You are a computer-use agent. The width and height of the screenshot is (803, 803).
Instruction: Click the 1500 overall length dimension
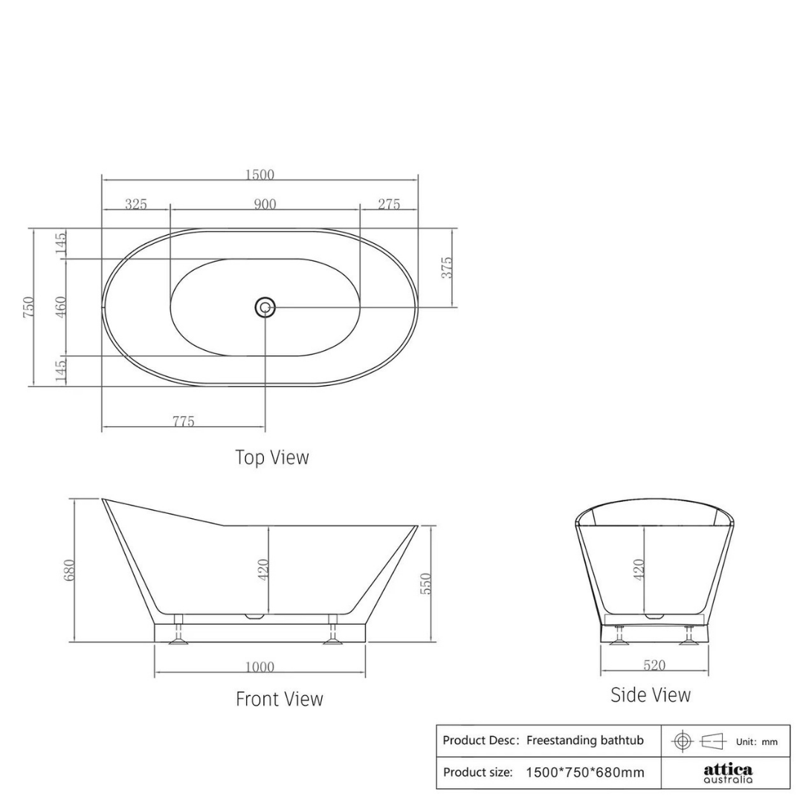pos(259,175)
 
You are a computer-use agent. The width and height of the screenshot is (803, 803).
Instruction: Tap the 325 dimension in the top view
pos(136,204)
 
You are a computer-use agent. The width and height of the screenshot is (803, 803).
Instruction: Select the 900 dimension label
pos(265,204)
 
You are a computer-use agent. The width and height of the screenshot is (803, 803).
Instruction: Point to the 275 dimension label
pos(389,204)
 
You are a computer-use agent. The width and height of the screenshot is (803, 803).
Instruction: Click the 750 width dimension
pos(29,307)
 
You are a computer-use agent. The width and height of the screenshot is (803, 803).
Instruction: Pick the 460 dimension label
pos(60,307)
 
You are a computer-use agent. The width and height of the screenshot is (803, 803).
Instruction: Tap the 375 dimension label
pos(447,268)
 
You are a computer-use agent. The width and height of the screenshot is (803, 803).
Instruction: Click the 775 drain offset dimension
pos(184,422)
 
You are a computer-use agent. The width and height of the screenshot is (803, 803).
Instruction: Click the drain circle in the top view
pos(265,307)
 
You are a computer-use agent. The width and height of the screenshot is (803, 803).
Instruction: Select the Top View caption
pos(272,457)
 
